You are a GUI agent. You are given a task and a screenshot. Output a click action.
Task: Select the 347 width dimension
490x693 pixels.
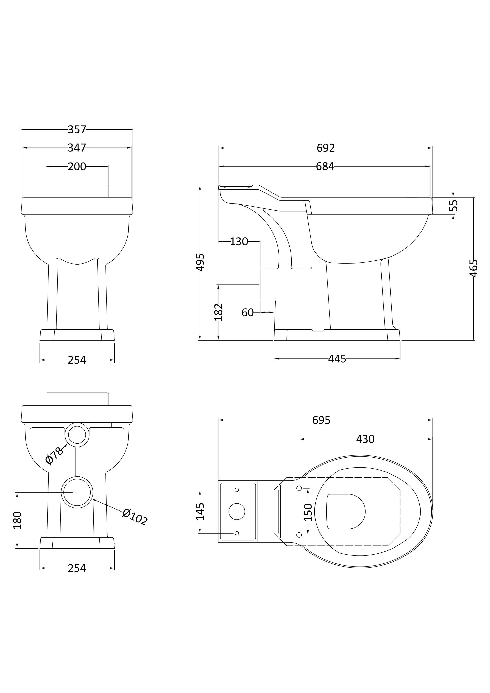tap(77, 148)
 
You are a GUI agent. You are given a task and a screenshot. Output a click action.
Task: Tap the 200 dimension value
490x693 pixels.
tap(77, 167)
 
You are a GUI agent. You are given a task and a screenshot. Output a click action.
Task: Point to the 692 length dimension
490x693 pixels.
tap(326, 148)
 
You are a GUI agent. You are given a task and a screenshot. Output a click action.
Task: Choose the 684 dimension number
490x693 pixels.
tap(325, 166)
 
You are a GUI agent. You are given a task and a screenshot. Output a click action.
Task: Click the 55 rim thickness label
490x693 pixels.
tap(453, 206)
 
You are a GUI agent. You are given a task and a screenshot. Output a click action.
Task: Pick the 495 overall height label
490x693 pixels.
tap(200, 262)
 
